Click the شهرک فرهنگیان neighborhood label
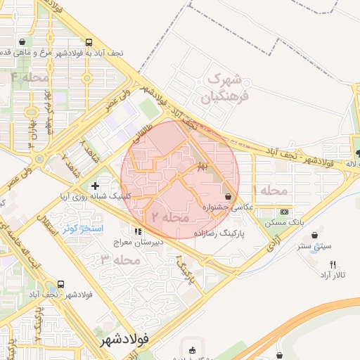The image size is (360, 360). (x=224, y=88)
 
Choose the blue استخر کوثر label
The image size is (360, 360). (x=82, y=229)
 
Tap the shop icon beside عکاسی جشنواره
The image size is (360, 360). (x=228, y=196)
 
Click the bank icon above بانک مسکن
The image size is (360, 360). (x=284, y=212)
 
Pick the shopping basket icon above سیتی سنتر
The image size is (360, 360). (x=313, y=235)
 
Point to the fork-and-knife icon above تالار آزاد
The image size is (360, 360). (x=333, y=264)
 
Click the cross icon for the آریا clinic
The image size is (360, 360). (x=95, y=186)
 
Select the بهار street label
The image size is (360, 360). (x=203, y=166)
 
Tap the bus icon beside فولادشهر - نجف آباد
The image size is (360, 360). (x=60, y=285)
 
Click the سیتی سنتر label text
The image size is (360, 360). (x=313, y=247)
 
